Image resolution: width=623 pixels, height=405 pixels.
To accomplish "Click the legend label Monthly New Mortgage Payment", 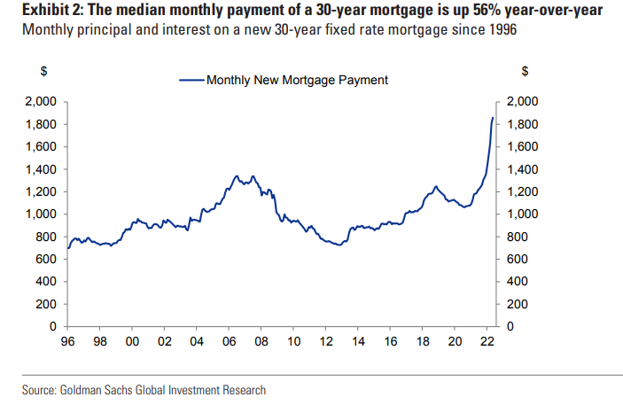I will [297, 80].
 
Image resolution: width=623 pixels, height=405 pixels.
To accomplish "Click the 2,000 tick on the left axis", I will [42, 101].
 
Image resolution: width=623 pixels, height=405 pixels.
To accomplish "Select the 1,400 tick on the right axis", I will [523, 169].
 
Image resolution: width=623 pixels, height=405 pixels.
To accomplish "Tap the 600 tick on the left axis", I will [48, 260].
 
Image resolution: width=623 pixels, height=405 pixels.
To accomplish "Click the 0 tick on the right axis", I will [510, 327].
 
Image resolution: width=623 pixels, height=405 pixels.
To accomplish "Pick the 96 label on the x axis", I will [67, 341].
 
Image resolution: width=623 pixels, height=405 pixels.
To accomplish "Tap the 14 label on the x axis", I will [357, 341].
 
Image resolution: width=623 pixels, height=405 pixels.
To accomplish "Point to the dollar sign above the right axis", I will [525, 71].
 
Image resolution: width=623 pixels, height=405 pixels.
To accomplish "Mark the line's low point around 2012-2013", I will [337, 245].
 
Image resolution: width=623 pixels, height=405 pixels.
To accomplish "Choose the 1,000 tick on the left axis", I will [42, 214].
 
